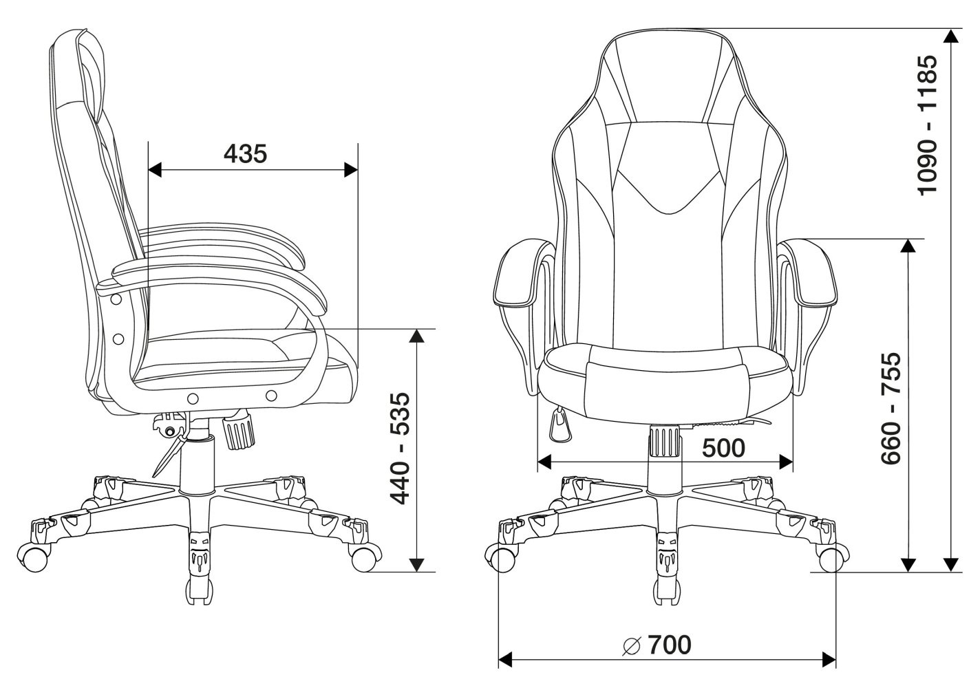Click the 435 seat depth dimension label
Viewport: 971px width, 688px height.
point(246,154)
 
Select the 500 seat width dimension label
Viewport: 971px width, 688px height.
point(723,448)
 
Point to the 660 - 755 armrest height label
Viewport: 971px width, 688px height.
point(890,408)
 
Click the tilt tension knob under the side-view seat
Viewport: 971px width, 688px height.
point(238,431)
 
